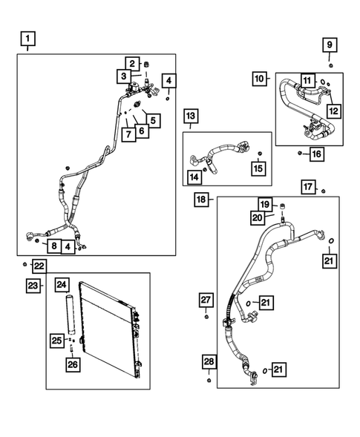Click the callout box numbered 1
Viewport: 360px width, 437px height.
tap(27, 39)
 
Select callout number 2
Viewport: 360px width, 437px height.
tap(131, 63)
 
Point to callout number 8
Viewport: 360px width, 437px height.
tap(53, 246)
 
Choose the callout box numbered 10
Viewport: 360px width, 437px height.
tap(259, 79)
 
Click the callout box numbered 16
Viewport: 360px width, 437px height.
tap(316, 154)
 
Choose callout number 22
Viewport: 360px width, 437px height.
tap(39, 266)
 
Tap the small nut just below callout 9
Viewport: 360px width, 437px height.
tap(330, 67)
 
